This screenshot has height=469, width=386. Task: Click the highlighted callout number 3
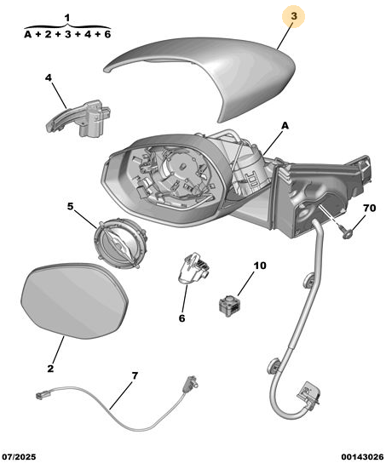(294, 16)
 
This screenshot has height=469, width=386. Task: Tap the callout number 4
(49, 77)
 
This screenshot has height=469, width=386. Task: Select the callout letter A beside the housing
(285, 126)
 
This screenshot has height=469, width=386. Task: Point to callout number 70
(369, 208)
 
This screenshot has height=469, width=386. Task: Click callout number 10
(260, 266)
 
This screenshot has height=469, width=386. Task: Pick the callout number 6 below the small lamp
(181, 318)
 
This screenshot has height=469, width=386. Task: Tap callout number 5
(70, 206)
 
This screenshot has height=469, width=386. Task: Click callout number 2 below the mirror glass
(50, 369)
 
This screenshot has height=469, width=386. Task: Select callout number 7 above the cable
(135, 375)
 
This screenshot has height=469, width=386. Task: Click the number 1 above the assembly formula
(67, 18)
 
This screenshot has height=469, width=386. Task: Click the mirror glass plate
(75, 300)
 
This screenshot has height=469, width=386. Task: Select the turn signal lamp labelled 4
(78, 119)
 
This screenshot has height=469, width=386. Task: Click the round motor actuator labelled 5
(121, 243)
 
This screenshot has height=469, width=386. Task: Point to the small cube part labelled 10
(230, 306)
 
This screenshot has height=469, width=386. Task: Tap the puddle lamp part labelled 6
(193, 268)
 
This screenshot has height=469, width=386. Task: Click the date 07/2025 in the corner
(19, 457)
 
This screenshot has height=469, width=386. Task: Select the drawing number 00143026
(362, 457)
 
